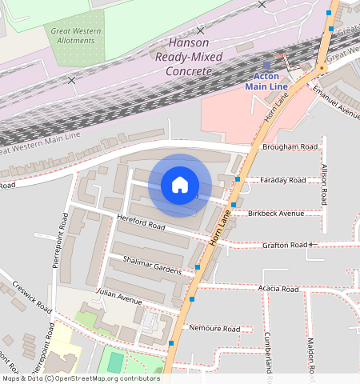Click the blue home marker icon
click(x=180, y=185)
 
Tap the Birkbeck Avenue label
click(x=277, y=214)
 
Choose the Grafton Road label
click(x=285, y=245)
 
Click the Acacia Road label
click(x=278, y=289)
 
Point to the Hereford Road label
click(x=141, y=226)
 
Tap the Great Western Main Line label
click(x=40, y=145)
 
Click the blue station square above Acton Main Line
click(x=266, y=65)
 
